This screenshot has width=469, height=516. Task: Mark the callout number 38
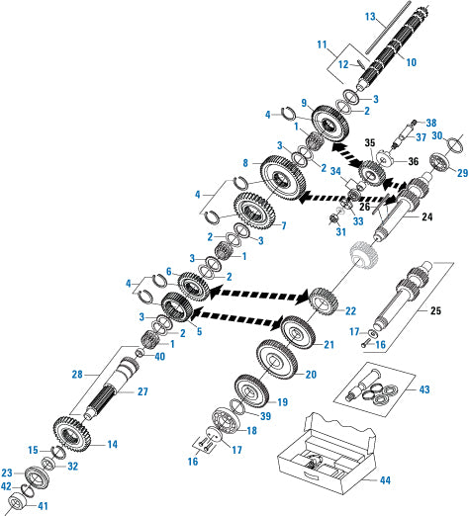430,124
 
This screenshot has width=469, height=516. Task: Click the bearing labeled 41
21,505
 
